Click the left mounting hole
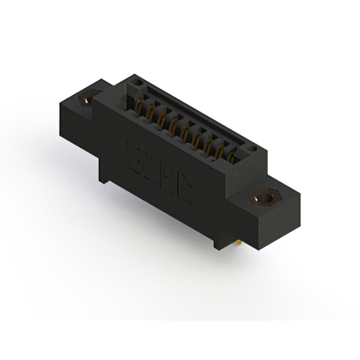[x=86, y=101]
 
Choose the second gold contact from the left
[x=149, y=111]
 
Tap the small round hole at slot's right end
[x=253, y=149]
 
